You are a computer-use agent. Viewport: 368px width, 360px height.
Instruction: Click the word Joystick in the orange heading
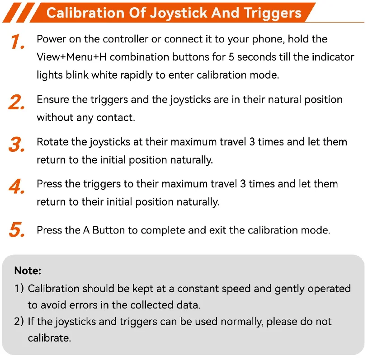pos(179,13)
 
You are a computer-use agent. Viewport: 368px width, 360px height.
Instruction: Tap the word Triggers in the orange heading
pos(273,14)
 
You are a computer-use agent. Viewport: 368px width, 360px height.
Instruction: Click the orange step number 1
pos(17,42)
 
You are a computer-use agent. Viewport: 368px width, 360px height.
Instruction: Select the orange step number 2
pos(16,102)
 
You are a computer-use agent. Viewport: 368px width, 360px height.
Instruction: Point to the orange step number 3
pos(16,144)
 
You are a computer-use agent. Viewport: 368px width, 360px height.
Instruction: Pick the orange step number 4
pos(16,186)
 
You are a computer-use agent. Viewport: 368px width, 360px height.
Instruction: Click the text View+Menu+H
pos(71,57)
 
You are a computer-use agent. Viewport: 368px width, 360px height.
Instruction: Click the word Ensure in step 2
pos(53,99)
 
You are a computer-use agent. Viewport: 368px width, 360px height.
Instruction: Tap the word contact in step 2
pos(116,117)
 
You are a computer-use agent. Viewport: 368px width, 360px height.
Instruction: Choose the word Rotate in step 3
pos(52,142)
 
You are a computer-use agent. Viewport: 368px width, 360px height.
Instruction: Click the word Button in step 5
pos(109,230)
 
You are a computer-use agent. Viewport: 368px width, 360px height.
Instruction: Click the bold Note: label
pos(28,271)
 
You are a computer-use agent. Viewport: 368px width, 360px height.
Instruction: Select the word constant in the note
pos(198,289)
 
